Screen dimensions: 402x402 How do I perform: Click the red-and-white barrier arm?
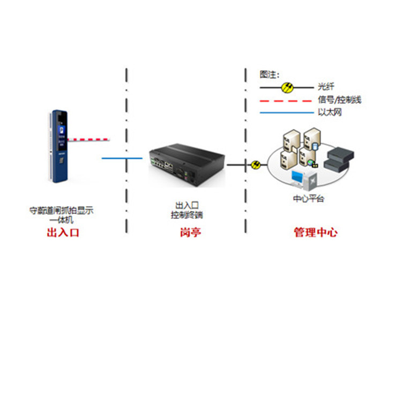[88, 140]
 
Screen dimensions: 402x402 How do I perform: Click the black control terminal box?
[187, 161]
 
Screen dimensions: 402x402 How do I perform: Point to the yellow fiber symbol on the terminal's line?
[256, 165]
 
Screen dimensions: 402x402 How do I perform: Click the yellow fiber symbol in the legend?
[287, 86]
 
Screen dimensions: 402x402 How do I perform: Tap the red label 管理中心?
[315, 233]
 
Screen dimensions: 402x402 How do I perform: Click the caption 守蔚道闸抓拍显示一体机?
[61, 215]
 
